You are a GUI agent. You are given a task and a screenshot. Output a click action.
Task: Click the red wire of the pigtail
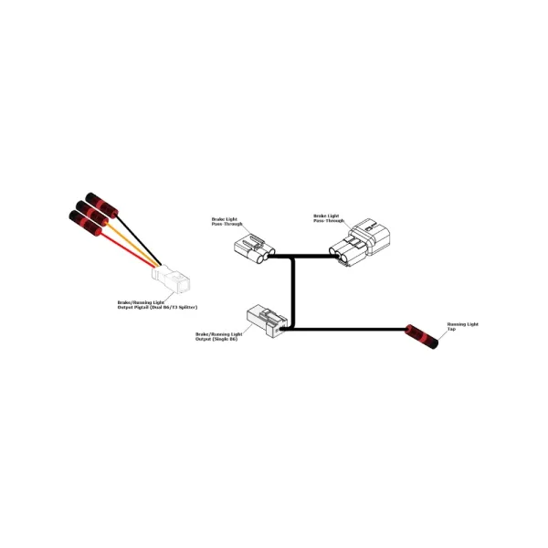click(x=128, y=248)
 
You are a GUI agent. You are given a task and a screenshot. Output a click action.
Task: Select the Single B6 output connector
click(x=263, y=320)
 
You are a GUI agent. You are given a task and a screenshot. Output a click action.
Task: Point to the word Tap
click(x=450, y=330)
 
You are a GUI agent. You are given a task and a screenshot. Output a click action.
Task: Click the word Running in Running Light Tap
click(x=457, y=324)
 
